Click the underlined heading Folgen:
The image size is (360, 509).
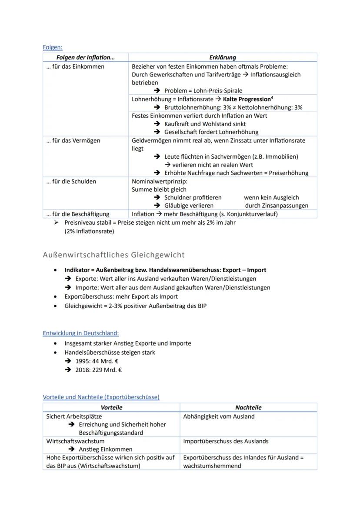pos(53,47)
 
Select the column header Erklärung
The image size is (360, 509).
pos(222,57)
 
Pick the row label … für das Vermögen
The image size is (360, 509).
pos(73,140)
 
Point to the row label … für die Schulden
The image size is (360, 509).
pos(71,181)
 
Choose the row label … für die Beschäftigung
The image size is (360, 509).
pos(77,214)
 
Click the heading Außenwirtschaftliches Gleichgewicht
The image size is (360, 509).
pos(114,255)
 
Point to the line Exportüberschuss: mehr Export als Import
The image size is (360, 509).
pos(121,296)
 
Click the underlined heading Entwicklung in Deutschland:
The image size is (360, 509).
pos(81,333)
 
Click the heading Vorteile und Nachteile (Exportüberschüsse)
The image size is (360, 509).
pos(101,397)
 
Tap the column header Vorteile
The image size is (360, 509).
pos(111,407)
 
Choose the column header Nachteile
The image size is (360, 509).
pos(248,407)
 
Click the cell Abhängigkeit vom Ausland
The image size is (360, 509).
pos(219,416)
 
